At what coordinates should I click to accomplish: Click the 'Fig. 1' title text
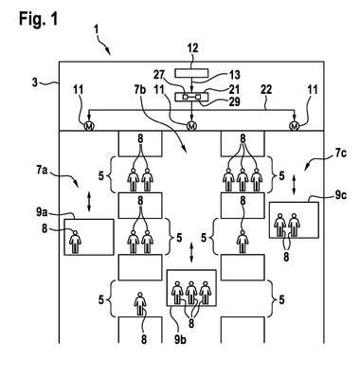[x=39, y=19]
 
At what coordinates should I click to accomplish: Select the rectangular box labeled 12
[x=191, y=73]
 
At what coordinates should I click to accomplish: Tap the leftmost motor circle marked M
[x=89, y=126]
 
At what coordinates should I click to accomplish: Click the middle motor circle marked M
[x=191, y=126]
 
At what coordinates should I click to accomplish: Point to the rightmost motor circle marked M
[x=295, y=126]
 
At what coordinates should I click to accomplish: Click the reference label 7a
[x=42, y=171]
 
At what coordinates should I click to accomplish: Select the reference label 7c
[x=340, y=153]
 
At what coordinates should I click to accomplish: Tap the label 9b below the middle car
[x=180, y=339]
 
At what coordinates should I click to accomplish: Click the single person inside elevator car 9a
[x=75, y=242]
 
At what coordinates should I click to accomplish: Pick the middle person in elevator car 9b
[x=191, y=293]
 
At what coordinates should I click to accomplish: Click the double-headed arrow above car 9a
[x=89, y=203]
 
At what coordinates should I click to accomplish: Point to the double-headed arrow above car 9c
[x=295, y=186]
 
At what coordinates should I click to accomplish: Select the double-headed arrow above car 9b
[x=191, y=252]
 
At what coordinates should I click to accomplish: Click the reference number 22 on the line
[x=266, y=90]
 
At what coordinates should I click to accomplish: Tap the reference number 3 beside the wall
[x=35, y=82]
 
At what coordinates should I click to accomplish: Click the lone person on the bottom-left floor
[x=140, y=303]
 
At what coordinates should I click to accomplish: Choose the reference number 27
[x=160, y=75]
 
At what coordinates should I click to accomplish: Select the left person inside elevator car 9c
[x=279, y=226]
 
